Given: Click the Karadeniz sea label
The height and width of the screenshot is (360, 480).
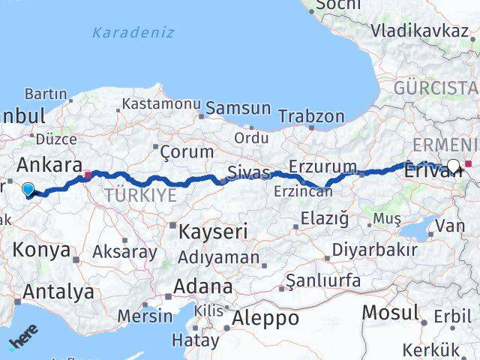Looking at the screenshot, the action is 133,32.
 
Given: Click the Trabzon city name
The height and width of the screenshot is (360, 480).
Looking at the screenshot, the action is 311,116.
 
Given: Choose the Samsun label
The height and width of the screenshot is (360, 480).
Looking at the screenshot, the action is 238,108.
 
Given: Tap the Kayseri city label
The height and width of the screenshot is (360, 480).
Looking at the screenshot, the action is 212,232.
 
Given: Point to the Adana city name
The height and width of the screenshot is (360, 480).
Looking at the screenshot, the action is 202,286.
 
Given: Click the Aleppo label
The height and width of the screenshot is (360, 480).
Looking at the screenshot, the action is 265,318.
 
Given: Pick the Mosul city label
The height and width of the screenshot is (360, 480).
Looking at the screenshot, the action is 391,312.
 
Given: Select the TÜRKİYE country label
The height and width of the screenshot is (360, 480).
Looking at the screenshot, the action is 140,196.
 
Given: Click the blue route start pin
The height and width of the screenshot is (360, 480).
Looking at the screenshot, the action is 28,190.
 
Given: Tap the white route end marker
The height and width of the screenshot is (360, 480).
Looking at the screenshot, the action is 454,166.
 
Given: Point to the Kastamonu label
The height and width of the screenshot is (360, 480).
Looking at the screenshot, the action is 161,104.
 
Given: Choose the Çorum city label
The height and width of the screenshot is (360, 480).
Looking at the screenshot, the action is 187,151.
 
